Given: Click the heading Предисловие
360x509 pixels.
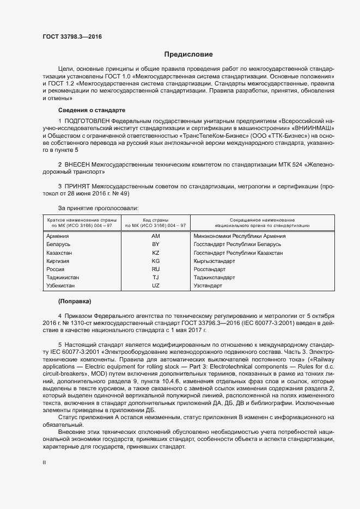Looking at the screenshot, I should coord(188,54).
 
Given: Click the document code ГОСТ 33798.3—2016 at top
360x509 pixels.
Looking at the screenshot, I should coord(72,37).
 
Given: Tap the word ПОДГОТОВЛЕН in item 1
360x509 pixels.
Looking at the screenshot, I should coord(89,120).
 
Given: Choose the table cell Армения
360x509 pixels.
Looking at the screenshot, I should coord(57,236).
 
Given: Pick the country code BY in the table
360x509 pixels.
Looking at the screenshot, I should coord(155,244).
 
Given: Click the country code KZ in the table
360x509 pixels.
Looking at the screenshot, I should coord(155,253).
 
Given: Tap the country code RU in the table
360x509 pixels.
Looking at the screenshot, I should coord(155,269).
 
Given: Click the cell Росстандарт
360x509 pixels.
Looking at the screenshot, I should coord(209,269).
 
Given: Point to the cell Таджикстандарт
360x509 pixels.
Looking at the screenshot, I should coord(214,277).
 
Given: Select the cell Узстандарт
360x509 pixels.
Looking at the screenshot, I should coord(208,285).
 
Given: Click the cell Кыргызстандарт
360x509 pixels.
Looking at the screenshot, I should coord(214,261).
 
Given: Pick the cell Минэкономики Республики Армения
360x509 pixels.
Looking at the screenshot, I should coord(240,236).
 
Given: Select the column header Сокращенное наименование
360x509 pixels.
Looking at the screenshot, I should coord(262,219).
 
